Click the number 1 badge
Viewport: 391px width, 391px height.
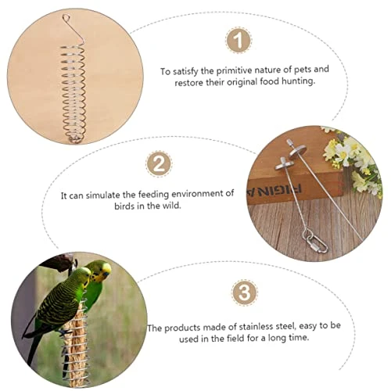[x=239, y=41]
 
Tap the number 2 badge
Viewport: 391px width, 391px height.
[x=159, y=164]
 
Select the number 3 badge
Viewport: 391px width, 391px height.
[x=245, y=292]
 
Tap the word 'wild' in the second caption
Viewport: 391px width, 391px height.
[x=171, y=206]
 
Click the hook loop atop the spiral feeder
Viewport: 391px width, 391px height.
[x=66, y=18]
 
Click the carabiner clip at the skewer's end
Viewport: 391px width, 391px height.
[x=317, y=244]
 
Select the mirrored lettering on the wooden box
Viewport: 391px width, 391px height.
[x=274, y=189]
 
